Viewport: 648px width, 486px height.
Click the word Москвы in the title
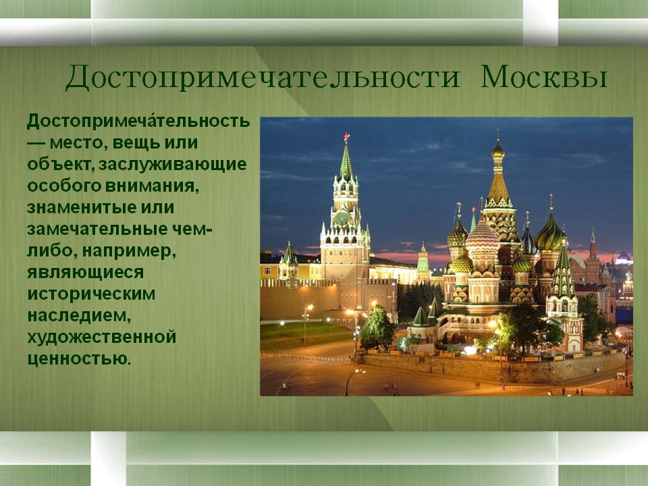(x=543, y=77)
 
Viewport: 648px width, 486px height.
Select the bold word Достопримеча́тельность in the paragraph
(x=138, y=122)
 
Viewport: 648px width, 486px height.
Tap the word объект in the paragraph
(x=60, y=165)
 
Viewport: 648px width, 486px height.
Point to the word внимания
(x=152, y=186)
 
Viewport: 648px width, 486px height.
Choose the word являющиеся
(x=86, y=272)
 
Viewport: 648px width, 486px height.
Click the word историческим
(x=91, y=294)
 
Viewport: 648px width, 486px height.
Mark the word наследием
(x=79, y=316)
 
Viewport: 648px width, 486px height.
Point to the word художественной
(x=102, y=337)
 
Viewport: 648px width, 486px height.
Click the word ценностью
(x=78, y=358)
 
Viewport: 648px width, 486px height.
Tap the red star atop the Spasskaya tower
(x=346, y=136)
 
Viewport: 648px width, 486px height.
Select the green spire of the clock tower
(x=346, y=161)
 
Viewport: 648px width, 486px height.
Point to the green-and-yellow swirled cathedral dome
(x=549, y=236)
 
